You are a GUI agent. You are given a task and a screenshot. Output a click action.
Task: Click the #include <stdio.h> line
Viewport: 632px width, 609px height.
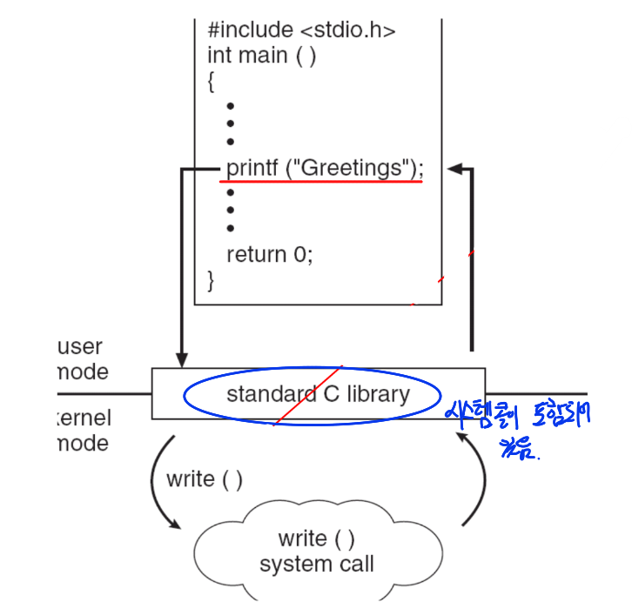click(301, 30)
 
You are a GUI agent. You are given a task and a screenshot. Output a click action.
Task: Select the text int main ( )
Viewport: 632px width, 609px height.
click(261, 56)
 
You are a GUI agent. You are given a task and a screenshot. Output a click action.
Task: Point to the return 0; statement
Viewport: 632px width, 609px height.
click(269, 254)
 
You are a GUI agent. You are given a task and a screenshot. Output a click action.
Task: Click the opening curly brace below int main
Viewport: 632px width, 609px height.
click(211, 82)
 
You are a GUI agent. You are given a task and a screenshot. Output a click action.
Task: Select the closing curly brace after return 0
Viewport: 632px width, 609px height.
click(211, 280)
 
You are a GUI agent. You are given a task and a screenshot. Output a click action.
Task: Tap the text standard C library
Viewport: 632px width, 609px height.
click(318, 394)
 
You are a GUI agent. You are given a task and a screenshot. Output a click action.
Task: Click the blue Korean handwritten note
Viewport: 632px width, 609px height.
click(517, 426)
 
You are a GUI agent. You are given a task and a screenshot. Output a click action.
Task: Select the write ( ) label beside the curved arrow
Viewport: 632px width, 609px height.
click(204, 479)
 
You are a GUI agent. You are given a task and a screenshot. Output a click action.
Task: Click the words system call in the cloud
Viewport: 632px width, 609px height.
click(317, 564)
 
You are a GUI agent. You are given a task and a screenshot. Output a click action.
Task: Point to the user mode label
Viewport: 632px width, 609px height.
click(82, 359)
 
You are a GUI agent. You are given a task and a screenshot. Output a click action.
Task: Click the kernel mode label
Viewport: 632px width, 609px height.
click(84, 431)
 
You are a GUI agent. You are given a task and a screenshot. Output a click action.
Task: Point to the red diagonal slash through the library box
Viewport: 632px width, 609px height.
click(309, 394)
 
